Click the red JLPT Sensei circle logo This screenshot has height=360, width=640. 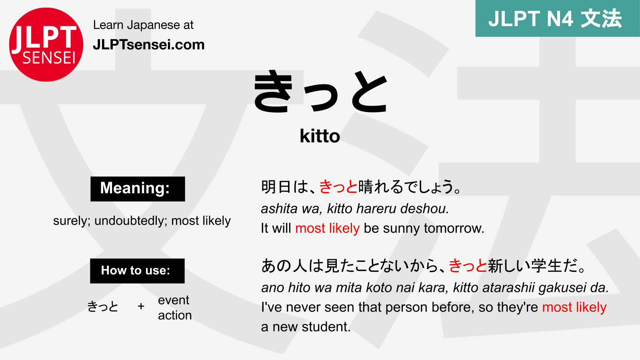pos(46,44)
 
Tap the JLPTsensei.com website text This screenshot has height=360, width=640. pos(149,45)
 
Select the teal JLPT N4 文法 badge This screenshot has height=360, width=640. pos(558,18)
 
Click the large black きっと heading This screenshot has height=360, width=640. pos(320,92)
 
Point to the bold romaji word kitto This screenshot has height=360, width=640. pos(320,136)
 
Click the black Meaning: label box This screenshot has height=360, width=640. pos(138,189)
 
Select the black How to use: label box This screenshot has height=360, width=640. pos(138,271)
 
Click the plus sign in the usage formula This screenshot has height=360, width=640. pos(141,306)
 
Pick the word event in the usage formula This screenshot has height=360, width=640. pos(174,300)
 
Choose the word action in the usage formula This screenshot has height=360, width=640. pos(175,316)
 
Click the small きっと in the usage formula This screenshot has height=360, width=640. pos(103,306)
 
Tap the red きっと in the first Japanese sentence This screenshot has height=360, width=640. pos(338,187)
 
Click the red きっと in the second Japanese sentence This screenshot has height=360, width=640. pos(468,266)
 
